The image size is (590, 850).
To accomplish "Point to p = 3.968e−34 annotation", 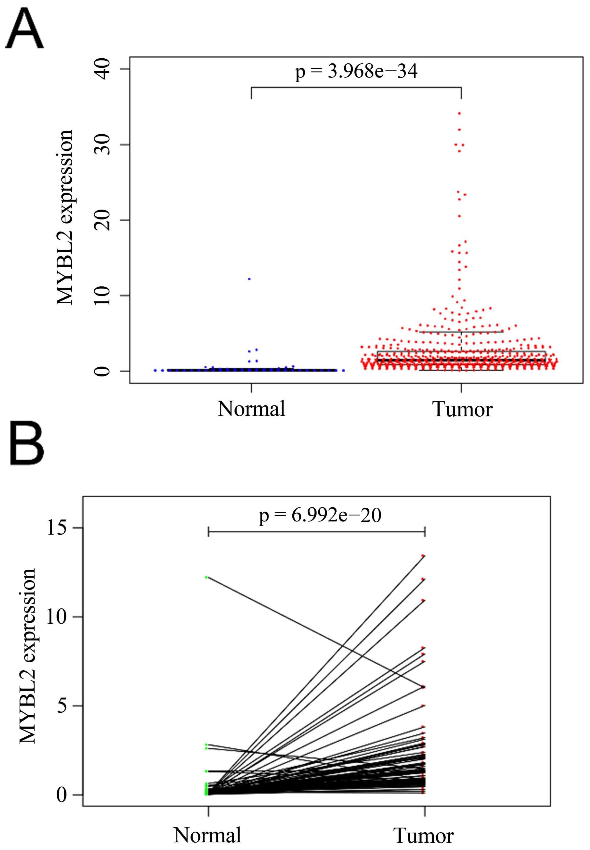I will coord(356,71).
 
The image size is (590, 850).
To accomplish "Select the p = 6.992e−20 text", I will coord(319,516).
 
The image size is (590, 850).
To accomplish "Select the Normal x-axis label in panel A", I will coord(251,409).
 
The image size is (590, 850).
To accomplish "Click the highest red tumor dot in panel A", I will coord(459,113).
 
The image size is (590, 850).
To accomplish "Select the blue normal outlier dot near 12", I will coord(250,279).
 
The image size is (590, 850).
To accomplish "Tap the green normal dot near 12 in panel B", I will coord(206,577).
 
